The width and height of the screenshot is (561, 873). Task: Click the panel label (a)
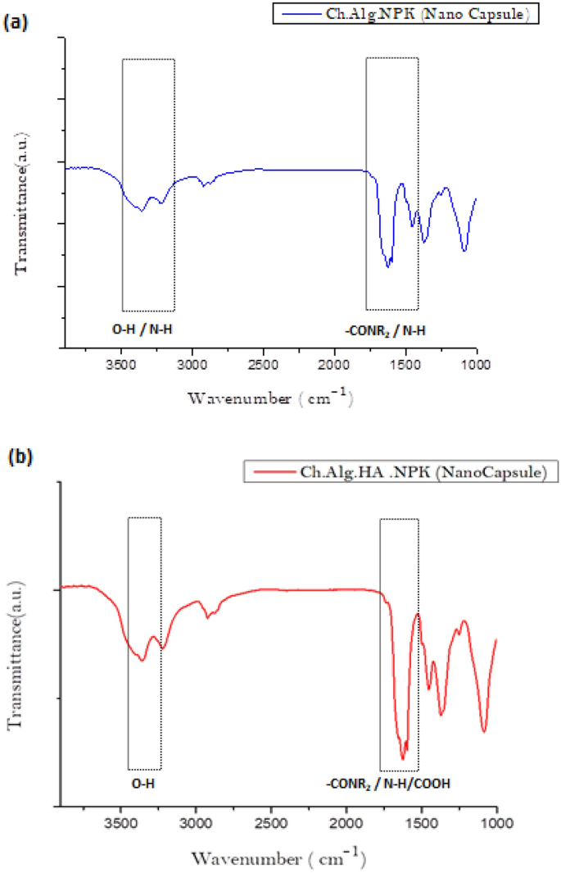[16, 23]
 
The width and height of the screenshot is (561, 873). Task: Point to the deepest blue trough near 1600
[388, 266]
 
